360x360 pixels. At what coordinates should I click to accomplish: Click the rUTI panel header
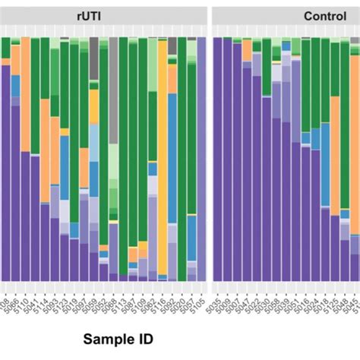click(x=103, y=16)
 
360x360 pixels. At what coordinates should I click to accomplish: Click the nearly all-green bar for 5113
click(x=123, y=152)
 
